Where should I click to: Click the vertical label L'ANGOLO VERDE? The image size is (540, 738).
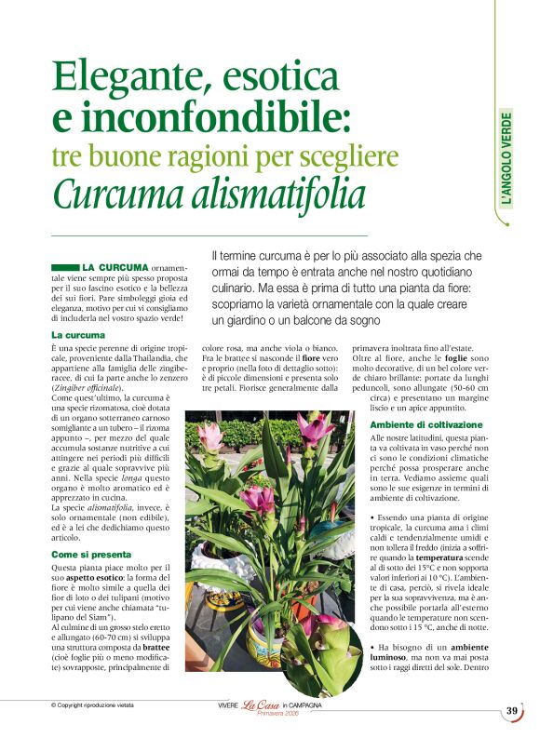coord(506,159)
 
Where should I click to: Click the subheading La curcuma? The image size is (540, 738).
coord(78,334)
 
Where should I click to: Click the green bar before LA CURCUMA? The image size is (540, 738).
coord(65,267)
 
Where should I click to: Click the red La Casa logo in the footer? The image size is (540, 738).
coord(262,706)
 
